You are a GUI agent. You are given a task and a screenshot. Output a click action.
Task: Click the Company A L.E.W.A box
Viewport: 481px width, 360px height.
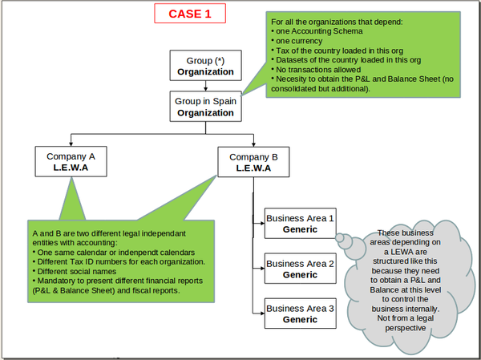(x=71, y=162)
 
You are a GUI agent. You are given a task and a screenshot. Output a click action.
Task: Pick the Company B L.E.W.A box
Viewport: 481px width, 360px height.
(x=253, y=162)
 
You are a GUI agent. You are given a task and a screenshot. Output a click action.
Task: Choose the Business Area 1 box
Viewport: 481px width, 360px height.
(x=300, y=224)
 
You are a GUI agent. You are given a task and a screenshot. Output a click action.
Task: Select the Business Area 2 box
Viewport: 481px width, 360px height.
(x=300, y=269)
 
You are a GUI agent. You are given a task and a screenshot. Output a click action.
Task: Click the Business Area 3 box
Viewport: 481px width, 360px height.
(x=300, y=313)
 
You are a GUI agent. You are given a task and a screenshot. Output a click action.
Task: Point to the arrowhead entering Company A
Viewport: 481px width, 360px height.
(x=71, y=144)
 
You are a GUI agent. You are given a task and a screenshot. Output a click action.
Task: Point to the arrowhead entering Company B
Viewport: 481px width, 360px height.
(x=253, y=144)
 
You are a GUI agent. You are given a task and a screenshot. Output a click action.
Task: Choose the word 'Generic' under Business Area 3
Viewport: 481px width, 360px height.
(x=300, y=319)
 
